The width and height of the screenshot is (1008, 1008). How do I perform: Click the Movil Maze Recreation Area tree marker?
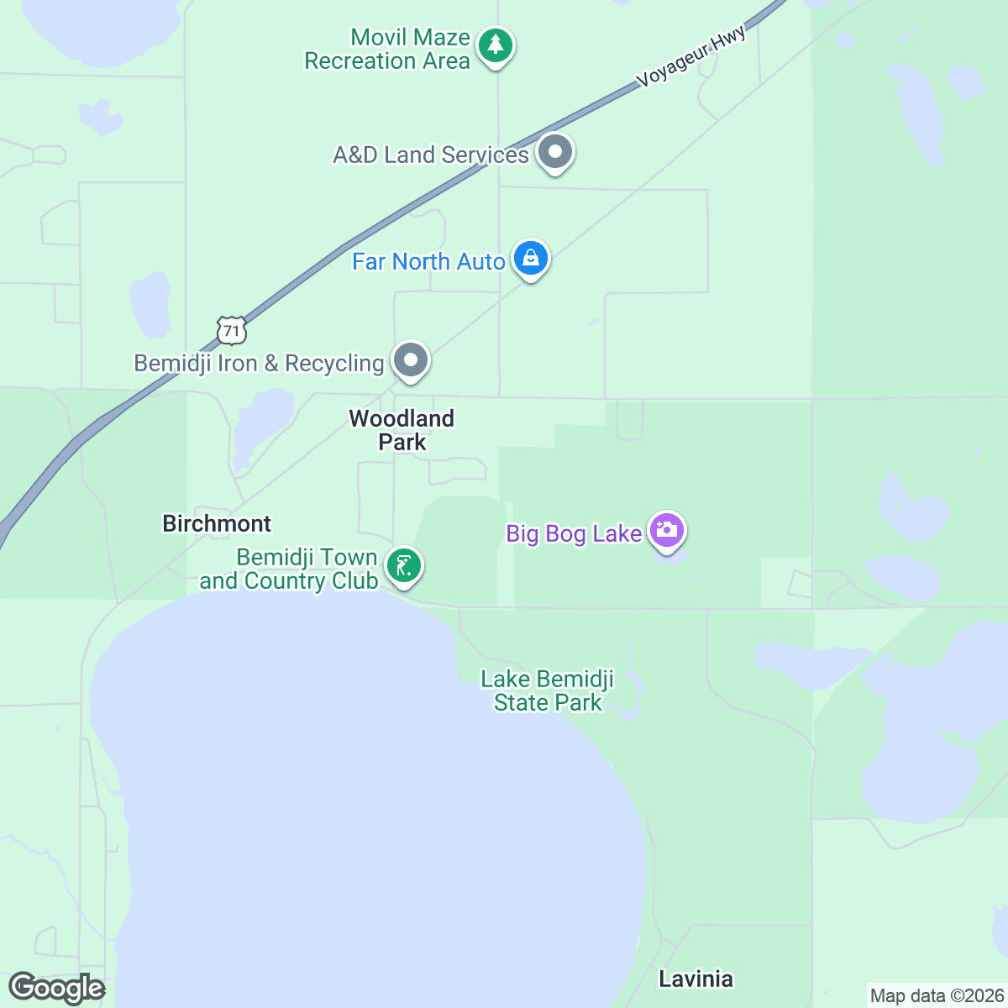496,45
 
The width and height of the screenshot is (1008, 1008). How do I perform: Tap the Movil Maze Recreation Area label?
387,50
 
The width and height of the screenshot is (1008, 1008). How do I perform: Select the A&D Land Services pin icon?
554,152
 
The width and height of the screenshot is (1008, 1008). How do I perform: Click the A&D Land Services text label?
431,155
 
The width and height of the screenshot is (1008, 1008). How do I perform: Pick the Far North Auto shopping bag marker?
531,259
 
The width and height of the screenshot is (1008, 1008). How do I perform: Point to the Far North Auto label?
428,262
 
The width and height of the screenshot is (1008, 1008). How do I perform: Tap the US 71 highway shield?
231,330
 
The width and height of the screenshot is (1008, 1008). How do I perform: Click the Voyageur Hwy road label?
691,57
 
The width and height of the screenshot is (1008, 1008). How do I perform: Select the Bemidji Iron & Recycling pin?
411,360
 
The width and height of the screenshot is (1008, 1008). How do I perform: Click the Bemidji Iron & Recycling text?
259,364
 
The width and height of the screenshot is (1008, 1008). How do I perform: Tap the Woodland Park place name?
402,430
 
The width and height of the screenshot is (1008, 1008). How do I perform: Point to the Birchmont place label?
217,524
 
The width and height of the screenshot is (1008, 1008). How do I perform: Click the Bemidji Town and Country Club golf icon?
404,566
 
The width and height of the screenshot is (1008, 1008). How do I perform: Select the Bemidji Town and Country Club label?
289,570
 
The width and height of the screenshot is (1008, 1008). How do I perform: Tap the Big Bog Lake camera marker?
667,530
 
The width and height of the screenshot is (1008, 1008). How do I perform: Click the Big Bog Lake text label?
574,534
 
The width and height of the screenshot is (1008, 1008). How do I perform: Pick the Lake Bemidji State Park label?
548,690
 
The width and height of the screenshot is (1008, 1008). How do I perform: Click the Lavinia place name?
696,979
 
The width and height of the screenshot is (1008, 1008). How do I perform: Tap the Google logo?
57,989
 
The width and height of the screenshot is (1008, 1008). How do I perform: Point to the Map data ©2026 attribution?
937,996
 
